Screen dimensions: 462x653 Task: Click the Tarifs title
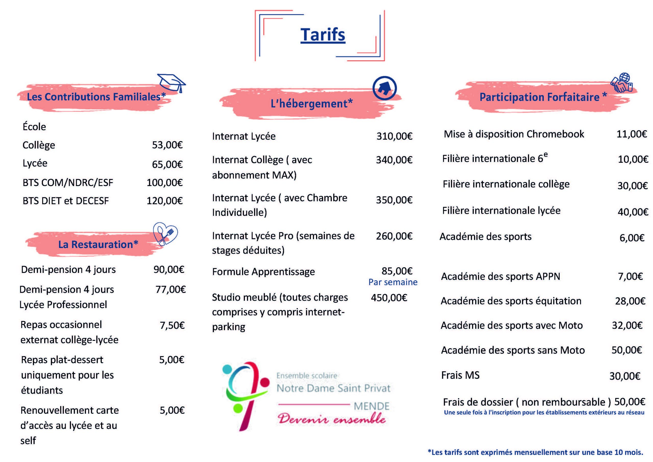click(323, 35)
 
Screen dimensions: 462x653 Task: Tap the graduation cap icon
click(171, 82)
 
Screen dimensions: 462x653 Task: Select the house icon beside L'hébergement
click(384, 88)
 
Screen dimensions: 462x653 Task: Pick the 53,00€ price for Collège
click(167, 145)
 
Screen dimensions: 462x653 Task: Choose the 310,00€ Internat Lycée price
click(394, 136)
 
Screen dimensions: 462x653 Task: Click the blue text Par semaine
click(393, 282)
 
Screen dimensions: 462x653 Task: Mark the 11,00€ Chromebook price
click(631, 134)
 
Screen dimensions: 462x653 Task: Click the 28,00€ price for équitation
click(630, 301)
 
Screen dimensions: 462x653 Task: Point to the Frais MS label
click(460, 375)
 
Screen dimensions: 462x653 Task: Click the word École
click(34, 127)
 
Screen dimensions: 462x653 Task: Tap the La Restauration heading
click(98, 244)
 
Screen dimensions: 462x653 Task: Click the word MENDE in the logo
click(371, 406)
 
